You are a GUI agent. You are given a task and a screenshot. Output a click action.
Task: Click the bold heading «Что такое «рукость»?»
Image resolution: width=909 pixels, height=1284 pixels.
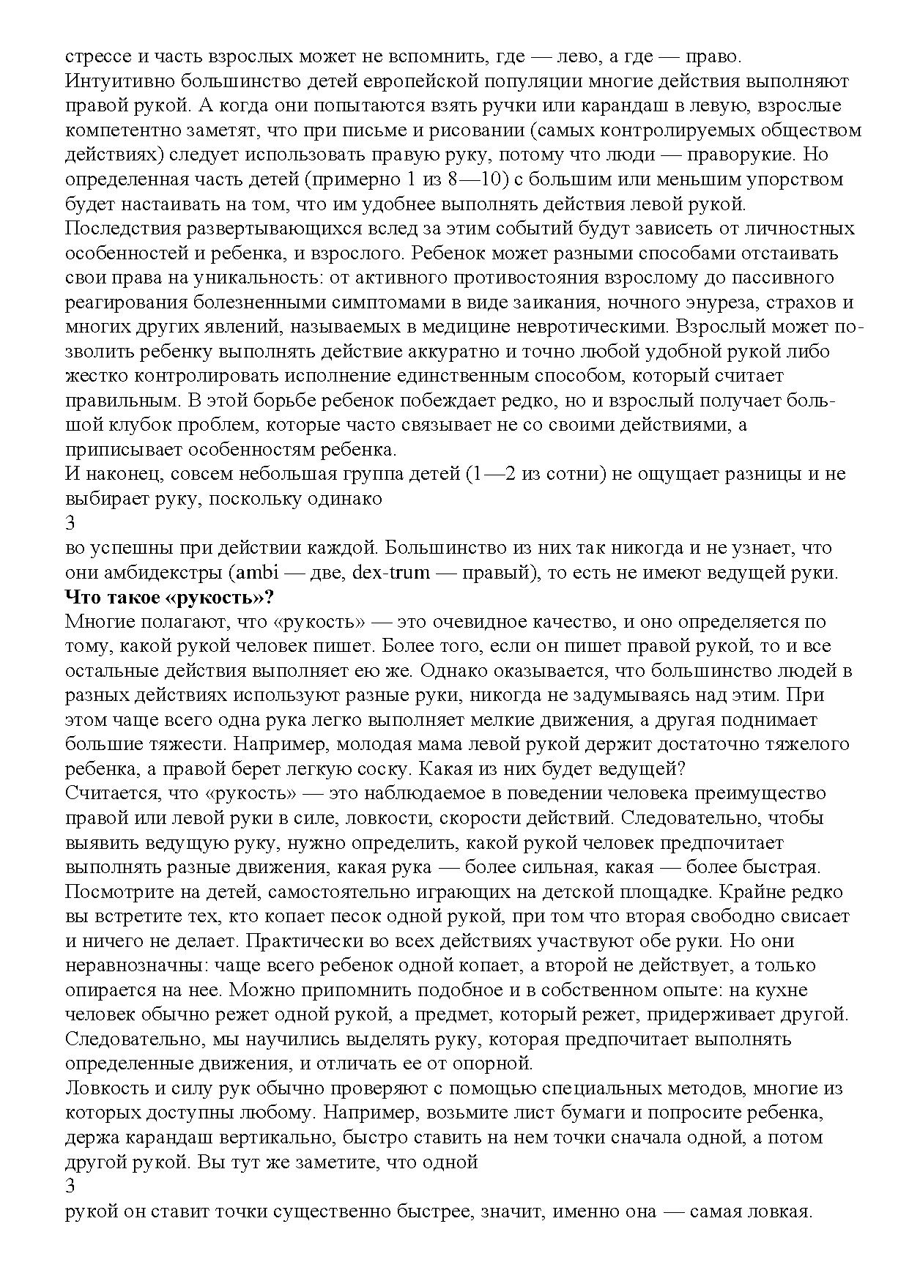point(169,597)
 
